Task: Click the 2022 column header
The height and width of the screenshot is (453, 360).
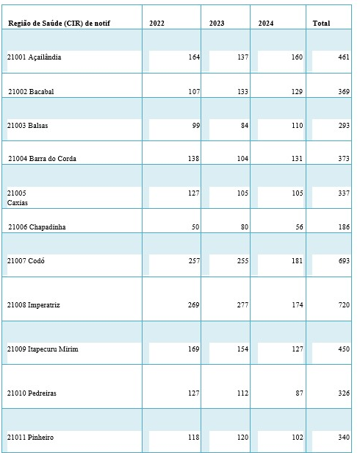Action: pyautogui.click(x=156, y=23)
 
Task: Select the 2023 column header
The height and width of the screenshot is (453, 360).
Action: pyautogui.click(x=217, y=23)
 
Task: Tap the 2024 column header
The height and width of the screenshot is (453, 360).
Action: pyautogui.click(x=266, y=23)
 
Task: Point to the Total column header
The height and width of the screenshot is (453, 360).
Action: pyautogui.click(x=321, y=23)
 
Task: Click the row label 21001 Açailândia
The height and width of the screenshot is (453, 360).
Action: pyautogui.click(x=34, y=57)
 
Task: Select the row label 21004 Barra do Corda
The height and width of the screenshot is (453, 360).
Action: pyautogui.click(x=42, y=158)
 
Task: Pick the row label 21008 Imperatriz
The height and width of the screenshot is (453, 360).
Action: pyautogui.click(x=34, y=304)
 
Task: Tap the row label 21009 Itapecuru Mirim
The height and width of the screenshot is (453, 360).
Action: pyautogui.click(x=43, y=349)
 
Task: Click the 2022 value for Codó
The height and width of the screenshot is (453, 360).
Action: pyautogui.click(x=194, y=260)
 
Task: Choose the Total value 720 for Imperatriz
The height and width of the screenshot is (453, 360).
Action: pyautogui.click(x=344, y=304)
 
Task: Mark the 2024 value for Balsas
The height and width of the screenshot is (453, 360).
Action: pyautogui.click(x=297, y=125)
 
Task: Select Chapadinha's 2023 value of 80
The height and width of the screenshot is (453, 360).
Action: pyautogui.click(x=245, y=226)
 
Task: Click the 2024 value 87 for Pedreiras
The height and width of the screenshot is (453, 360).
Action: pyautogui.click(x=299, y=393)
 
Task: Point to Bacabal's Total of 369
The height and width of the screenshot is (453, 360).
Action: pyautogui.click(x=344, y=92)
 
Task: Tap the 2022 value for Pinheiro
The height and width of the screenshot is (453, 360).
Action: pyautogui.click(x=194, y=437)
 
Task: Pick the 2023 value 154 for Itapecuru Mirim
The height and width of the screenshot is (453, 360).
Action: pyautogui.click(x=242, y=349)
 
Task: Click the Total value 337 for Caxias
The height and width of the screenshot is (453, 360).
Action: pyautogui.click(x=344, y=193)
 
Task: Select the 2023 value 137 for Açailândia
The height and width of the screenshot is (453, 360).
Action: pyautogui.click(x=242, y=57)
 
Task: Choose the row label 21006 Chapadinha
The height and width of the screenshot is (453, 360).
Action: pyautogui.click(x=37, y=226)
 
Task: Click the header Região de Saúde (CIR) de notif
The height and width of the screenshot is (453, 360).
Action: pyautogui.click(x=60, y=23)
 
